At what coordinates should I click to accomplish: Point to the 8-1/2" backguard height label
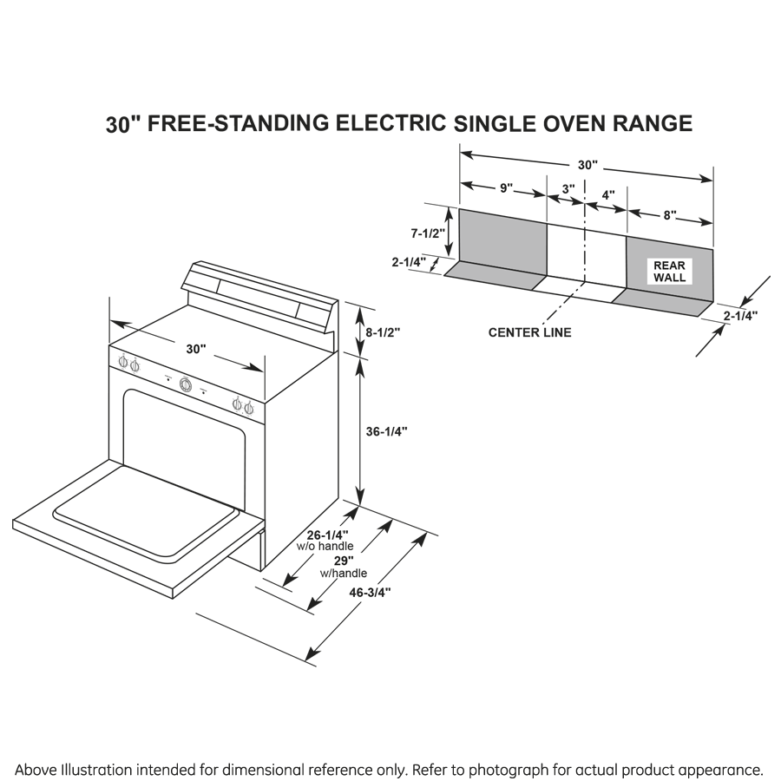[382, 331]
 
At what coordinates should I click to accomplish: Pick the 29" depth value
[332, 561]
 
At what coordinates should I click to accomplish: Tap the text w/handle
[343, 574]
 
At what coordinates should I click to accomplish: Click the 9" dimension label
[505, 188]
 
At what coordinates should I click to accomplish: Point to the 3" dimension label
[568, 188]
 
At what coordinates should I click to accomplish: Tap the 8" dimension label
[669, 215]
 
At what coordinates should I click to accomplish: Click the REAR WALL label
[669, 272]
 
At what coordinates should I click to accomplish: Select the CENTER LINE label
[529, 332]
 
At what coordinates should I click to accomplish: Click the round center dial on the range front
[185, 384]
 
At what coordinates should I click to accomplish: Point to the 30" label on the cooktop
[195, 349]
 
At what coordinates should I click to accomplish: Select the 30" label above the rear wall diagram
[587, 165]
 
